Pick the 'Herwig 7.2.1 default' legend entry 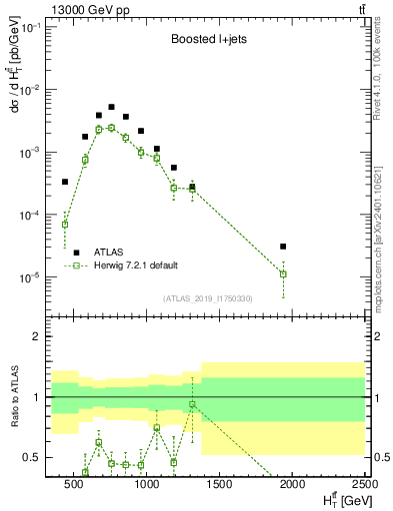click(136, 265)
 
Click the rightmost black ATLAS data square click(283, 246)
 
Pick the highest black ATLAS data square click(111, 107)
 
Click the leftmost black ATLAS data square click(65, 182)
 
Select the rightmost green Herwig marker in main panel click(283, 273)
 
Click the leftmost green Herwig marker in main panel click(65, 224)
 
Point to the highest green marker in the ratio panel click(192, 404)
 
